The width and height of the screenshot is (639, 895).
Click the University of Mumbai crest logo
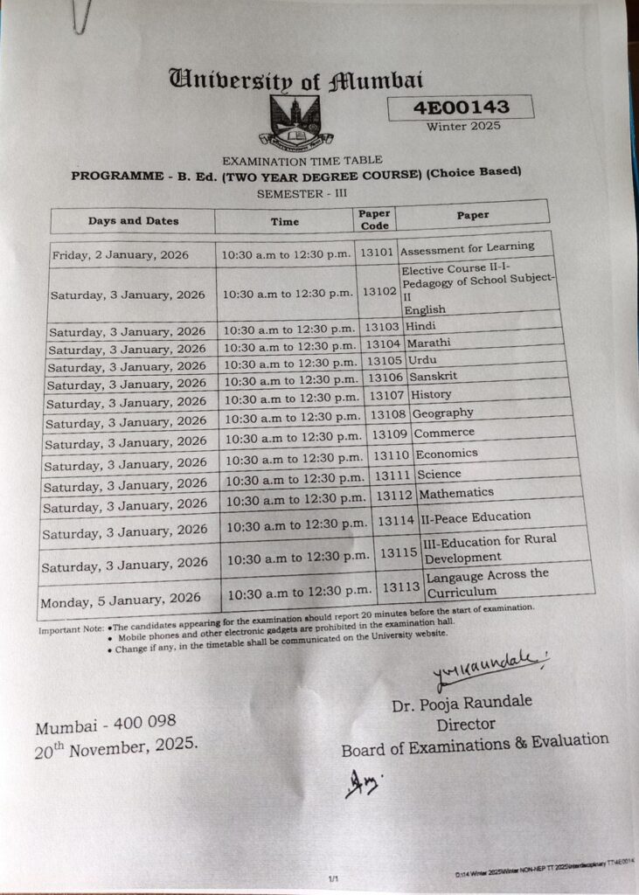(295, 121)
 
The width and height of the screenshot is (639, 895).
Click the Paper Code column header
(375, 219)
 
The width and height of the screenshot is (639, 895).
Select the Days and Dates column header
(133, 221)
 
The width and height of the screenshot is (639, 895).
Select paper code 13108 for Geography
(388, 414)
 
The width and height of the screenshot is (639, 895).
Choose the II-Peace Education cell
(476, 517)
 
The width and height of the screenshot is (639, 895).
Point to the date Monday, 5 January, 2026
(120, 599)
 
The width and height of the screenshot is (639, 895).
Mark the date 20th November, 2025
(116, 747)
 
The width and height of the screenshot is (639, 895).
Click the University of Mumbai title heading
(295, 80)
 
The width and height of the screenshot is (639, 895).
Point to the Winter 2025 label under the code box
(463, 127)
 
